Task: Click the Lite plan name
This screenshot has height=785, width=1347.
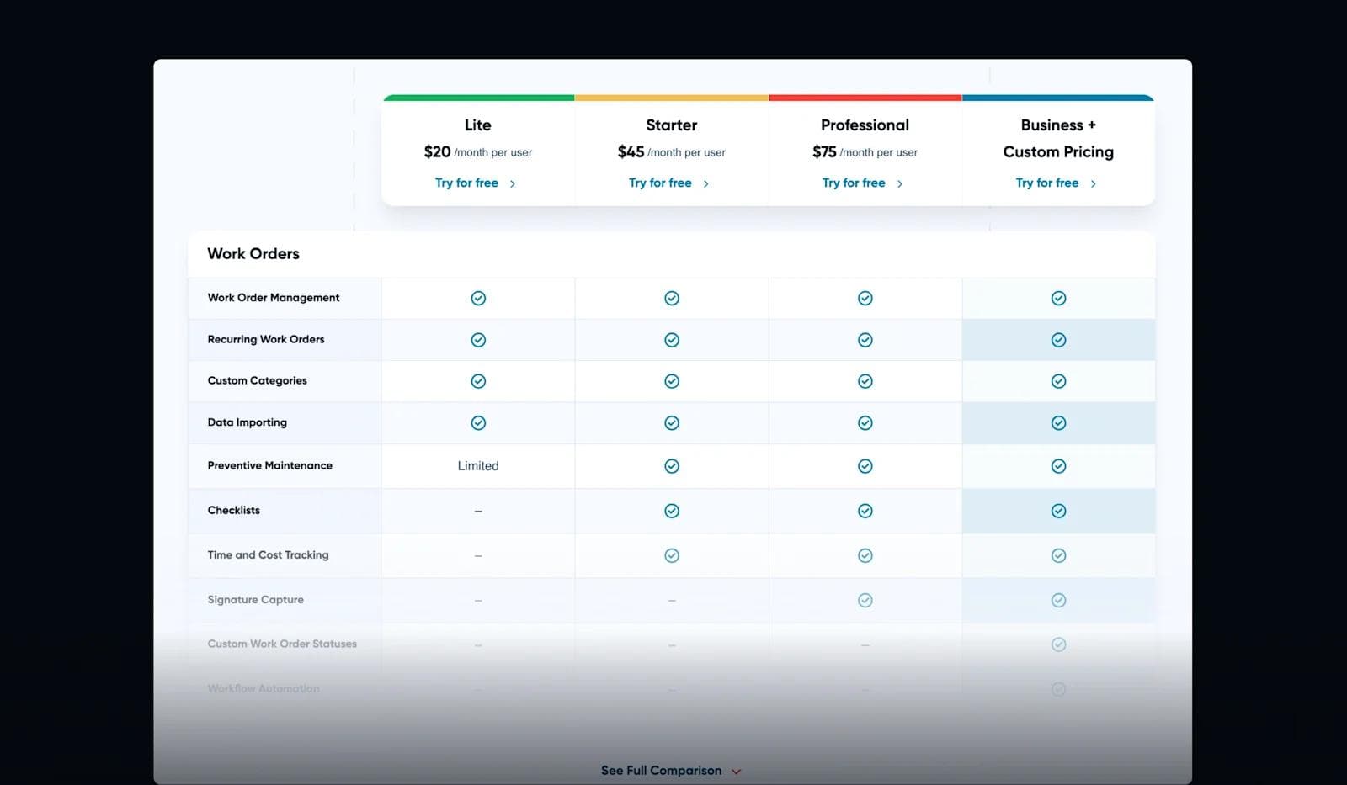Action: click(x=477, y=125)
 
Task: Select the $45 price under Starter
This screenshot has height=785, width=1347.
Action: click(x=631, y=152)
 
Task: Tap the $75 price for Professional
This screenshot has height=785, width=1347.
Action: click(x=824, y=152)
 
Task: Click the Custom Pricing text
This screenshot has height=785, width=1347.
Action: click(x=1058, y=152)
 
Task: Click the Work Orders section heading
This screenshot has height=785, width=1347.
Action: click(x=253, y=254)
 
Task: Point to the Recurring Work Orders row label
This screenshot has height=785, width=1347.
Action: click(x=266, y=340)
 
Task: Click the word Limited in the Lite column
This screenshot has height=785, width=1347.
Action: click(x=478, y=466)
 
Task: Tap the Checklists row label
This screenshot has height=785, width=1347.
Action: click(x=234, y=511)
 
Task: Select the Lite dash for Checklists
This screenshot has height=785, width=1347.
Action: click(x=478, y=511)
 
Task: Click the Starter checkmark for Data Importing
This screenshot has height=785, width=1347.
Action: click(x=672, y=423)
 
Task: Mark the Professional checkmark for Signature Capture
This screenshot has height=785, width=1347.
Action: click(x=865, y=601)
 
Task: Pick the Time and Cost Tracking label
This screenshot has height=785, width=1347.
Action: click(x=269, y=555)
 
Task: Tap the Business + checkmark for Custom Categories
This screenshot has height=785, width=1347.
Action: click(x=1058, y=381)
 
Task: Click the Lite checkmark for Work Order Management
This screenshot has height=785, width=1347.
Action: click(x=478, y=299)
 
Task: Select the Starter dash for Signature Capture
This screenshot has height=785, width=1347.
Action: click(x=672, y=601)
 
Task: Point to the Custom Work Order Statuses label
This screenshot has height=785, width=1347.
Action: click(x=282, y=644)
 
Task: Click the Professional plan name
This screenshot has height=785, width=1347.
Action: click(x=865, y=125)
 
